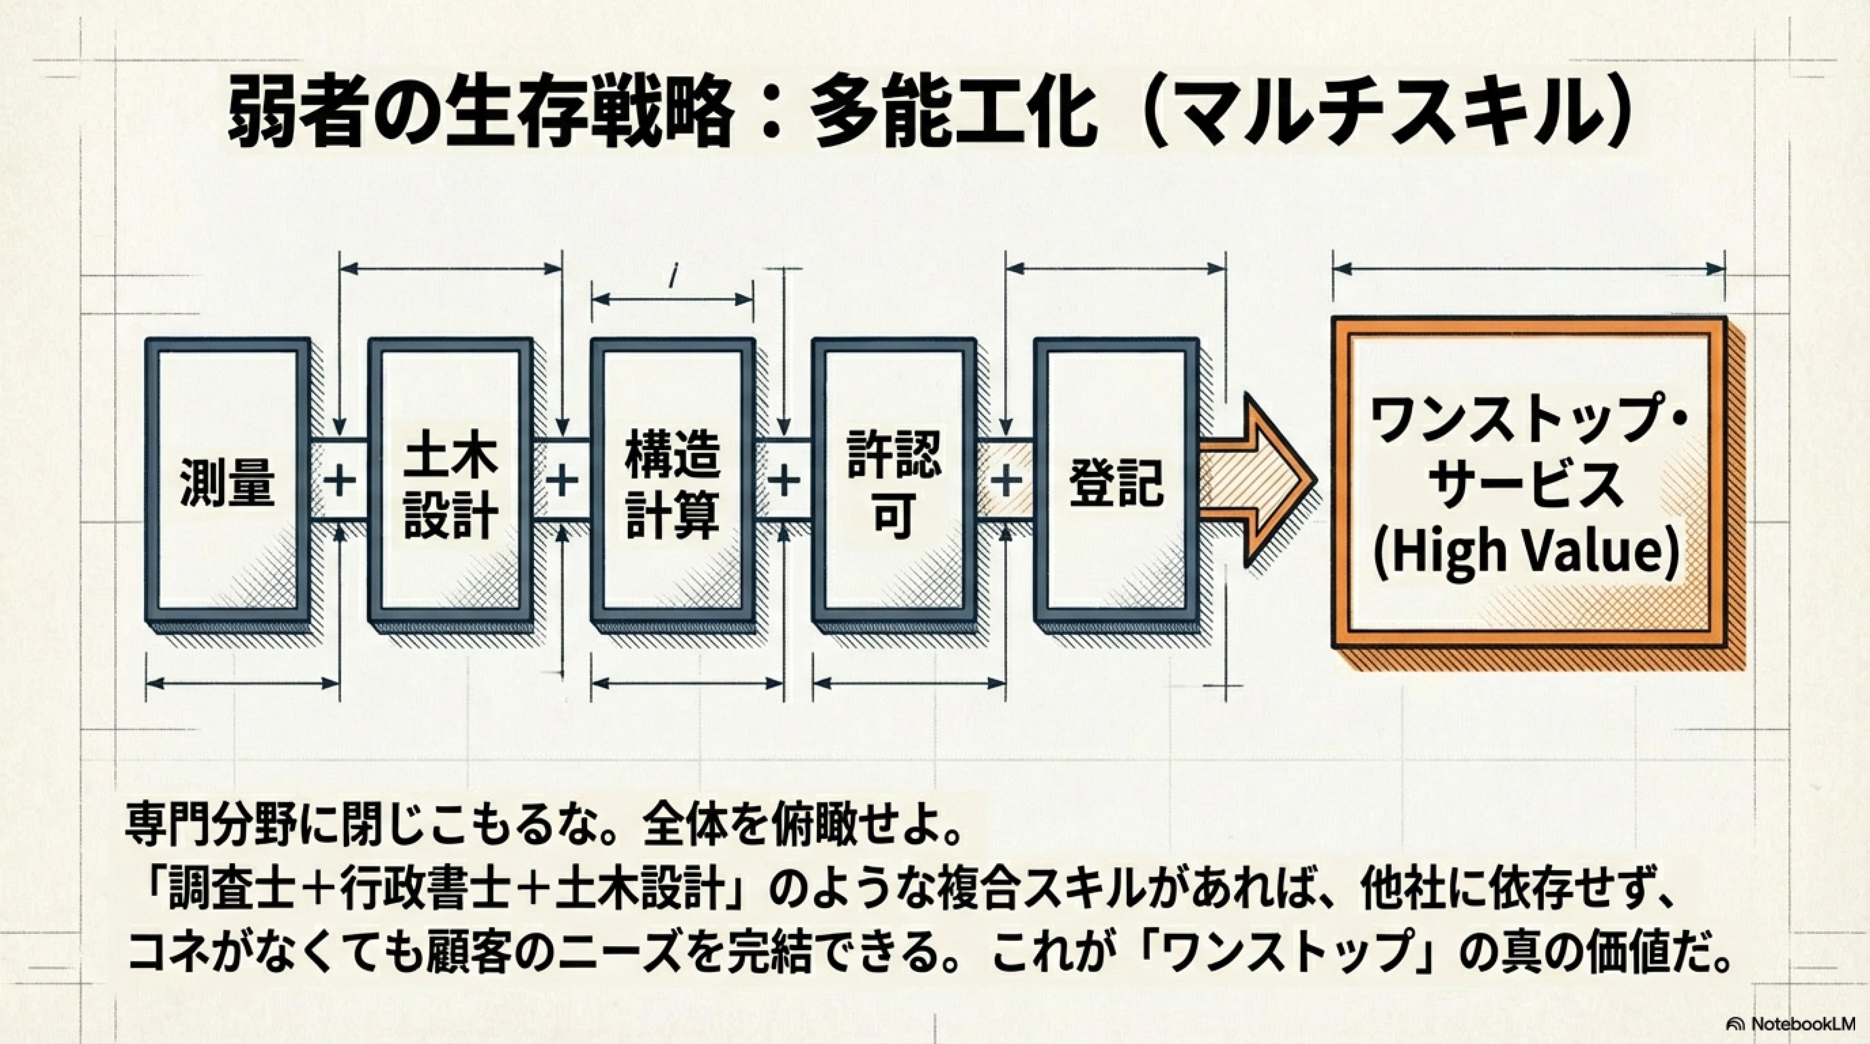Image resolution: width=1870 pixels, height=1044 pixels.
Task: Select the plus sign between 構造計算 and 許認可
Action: pos(783,481)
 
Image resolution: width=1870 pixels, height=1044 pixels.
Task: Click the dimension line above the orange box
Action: pos(1528,269)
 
